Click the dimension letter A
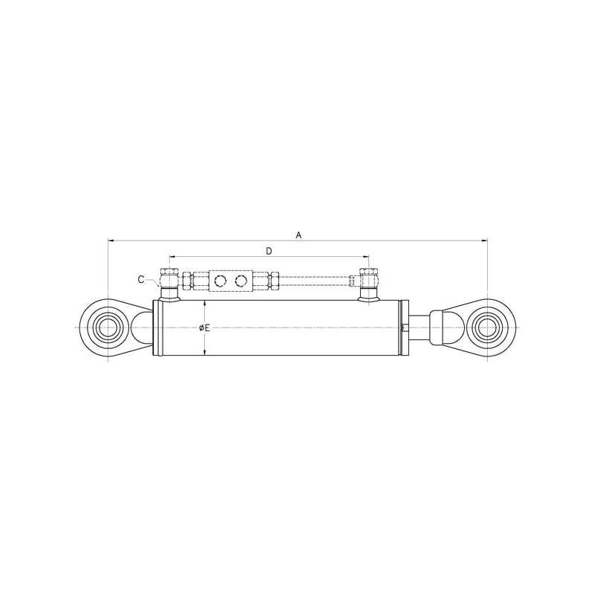click(298, 235)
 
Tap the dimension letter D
click(269, 251)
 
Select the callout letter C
click(141, 280)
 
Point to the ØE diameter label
click(205, 328)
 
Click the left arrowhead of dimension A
click(111, 240)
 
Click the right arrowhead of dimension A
click(484, 240)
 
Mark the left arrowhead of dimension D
click(172, 256)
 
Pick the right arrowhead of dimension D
click(366, 256)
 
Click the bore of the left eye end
click(108, 327)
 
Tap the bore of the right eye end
click(487, 327)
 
